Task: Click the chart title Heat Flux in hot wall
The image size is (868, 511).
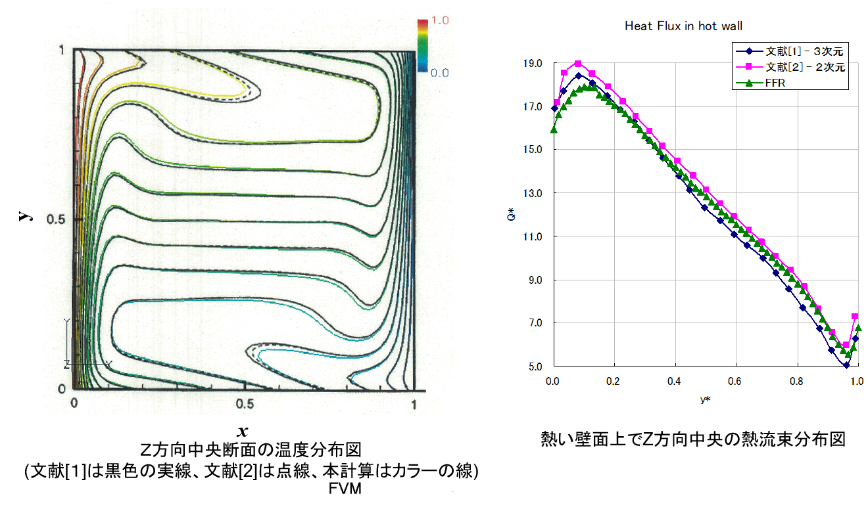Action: click(683, 26)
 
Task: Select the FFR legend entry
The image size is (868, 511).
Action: click(777, 83)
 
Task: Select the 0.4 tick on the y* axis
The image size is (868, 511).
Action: click(674, 381)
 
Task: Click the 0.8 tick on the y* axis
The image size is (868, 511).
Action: click(795, 381)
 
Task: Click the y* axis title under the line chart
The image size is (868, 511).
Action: click(704, 399)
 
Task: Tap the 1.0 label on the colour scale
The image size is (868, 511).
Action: click(440, 21)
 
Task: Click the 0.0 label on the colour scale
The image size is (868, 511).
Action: click(440, 73)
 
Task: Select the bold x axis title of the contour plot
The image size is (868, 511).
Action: click(243, 431)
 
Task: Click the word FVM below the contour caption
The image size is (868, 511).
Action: click(345, 489)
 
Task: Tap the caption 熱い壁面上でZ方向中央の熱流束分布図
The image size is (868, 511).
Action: click(692, 439)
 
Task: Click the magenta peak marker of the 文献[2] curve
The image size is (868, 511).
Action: click(578, 64)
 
